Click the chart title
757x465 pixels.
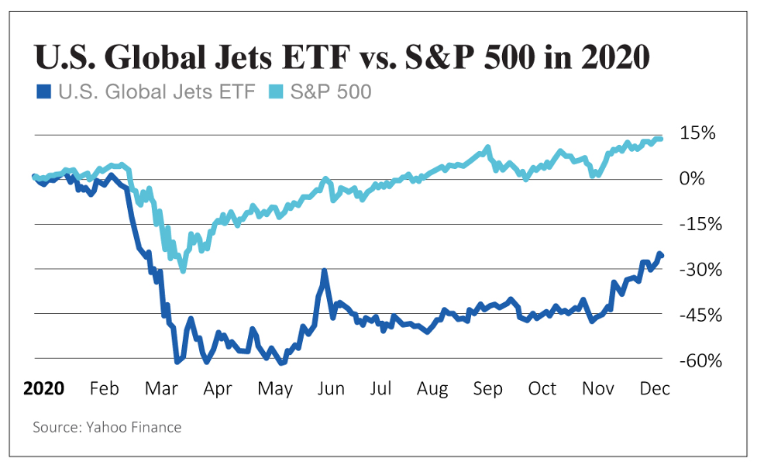(342, 58)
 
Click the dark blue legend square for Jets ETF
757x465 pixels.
(43, 92)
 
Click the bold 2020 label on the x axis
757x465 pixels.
(44, 387)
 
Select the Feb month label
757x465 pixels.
(104, 387)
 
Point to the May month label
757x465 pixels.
(274, 387)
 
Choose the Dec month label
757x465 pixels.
(654, 387)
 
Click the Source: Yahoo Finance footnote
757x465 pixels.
(107, 427)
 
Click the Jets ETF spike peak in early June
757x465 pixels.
(324, 271)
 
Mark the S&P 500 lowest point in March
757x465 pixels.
(183, 270)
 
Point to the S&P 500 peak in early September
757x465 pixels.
(487, 147)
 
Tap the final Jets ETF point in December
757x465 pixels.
(661, 255)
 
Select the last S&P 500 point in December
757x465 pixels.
(659, 139)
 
